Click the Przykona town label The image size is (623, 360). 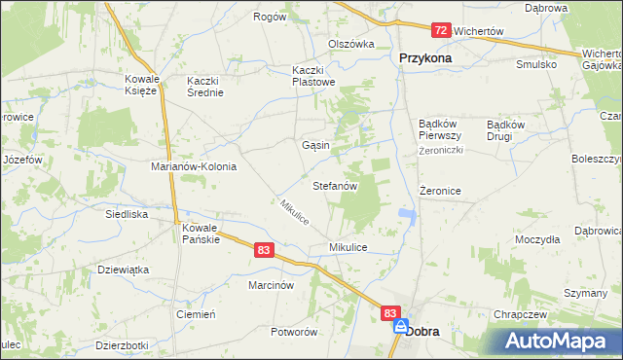425,58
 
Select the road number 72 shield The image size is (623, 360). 441,31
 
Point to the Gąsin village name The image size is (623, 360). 315,145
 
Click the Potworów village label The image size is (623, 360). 295,332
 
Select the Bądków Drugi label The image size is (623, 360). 505,130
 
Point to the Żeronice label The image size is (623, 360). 439,192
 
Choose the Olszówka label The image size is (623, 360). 351,44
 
